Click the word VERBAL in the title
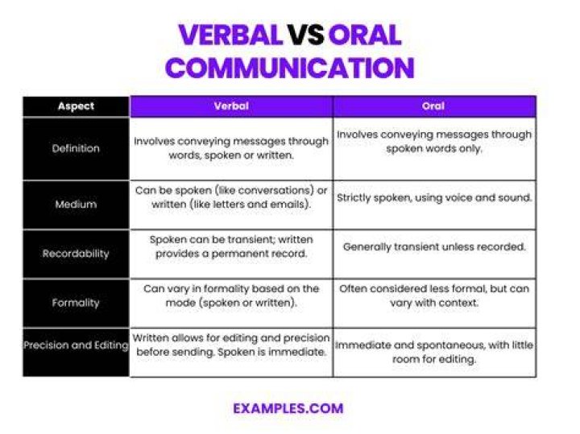(230, 35)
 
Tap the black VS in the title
(305, 35)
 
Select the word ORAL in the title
(365, 35)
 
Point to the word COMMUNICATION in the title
(290, 68)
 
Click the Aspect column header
(76, 106)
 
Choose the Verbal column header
(231, 106)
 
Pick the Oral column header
(433, 106)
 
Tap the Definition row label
(76, 148)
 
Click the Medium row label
(76, 204)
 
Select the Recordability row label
(76, 254)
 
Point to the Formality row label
(76, 303)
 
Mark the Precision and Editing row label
(76, 345)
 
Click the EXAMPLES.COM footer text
(288, 408)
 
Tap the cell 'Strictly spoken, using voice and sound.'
(434, 197)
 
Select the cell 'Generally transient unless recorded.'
(434, 246)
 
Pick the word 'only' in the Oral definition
(470, 149)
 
